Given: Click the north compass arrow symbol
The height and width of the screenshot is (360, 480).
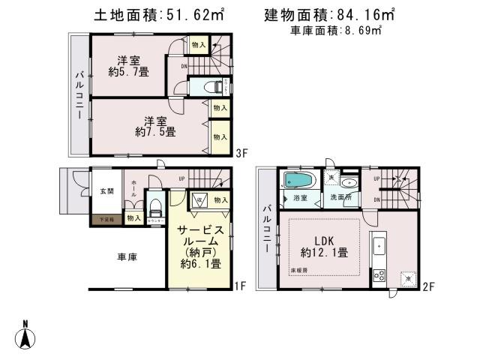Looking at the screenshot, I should pos(25,334).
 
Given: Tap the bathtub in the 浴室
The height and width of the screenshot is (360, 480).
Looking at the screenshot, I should pos(298,181).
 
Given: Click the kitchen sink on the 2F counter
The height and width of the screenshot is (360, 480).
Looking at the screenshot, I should pos(380,245).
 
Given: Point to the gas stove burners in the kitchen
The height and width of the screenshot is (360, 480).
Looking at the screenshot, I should pos(379,274).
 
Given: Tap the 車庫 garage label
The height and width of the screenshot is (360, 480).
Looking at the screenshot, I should pos(127,257).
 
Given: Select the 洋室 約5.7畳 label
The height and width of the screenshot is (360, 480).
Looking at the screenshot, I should pos(128,67).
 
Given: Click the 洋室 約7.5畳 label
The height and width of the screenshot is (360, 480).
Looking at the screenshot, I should pos(156,126).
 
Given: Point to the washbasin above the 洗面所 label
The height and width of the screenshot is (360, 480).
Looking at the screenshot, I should pos(348,182).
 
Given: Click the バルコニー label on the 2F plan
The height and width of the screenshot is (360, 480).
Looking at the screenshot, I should pos(265,227).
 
